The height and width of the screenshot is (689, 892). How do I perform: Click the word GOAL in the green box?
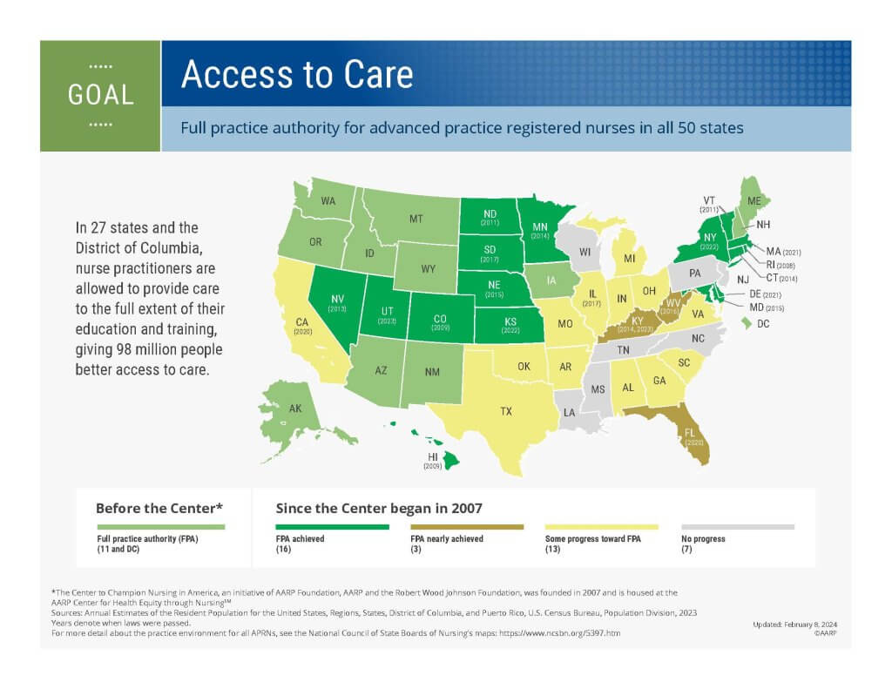pyautogui.click(x=101, y=95)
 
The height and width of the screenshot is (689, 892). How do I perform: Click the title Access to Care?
pyautogui.click(x=297, y=75)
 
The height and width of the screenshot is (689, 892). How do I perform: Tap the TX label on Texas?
pyautogui.click(x=506, y=411)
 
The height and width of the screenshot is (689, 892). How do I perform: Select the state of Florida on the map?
pyautogui.click(x=683, y=430)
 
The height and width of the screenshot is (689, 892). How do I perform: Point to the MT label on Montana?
pyautogui.click(x=416, y=219)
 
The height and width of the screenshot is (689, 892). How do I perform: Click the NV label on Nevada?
pyautogui.click(x=337, y=300)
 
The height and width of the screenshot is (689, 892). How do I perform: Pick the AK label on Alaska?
pyautogui.click(x=295, y=409)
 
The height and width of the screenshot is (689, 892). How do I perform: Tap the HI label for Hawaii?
pyautogui.click(x=433, y=457)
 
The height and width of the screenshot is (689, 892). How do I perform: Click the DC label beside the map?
pyautogui.click(x=763, y=324)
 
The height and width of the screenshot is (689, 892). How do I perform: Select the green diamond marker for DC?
pyautogui.click(x=746, y=323)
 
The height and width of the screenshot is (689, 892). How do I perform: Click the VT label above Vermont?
pyautogui.click(x=709, y=201)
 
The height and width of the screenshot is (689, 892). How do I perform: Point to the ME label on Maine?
pyautogui.click(x=753, y=201)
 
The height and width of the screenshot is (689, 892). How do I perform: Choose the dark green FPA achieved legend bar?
pyautogui.click(x=332, y=527)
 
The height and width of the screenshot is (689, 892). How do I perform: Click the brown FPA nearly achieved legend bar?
pyautogui.click(x=467, y=527)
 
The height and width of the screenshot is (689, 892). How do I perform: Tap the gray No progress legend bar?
pyautogui.click(x=738, y=527)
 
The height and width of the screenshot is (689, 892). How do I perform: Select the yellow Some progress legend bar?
pyautogui.click(x=601, y=527)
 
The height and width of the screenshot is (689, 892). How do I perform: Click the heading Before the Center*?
pyautogui.click(x=159, y=508)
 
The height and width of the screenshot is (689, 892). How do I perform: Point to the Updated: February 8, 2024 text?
pyautogui.click(x=794, y=625)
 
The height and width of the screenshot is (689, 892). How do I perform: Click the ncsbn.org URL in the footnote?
pyautogui.click(x=560, y=632)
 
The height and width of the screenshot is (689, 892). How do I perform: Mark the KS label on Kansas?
pyautogui.click(x=510, y=321)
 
